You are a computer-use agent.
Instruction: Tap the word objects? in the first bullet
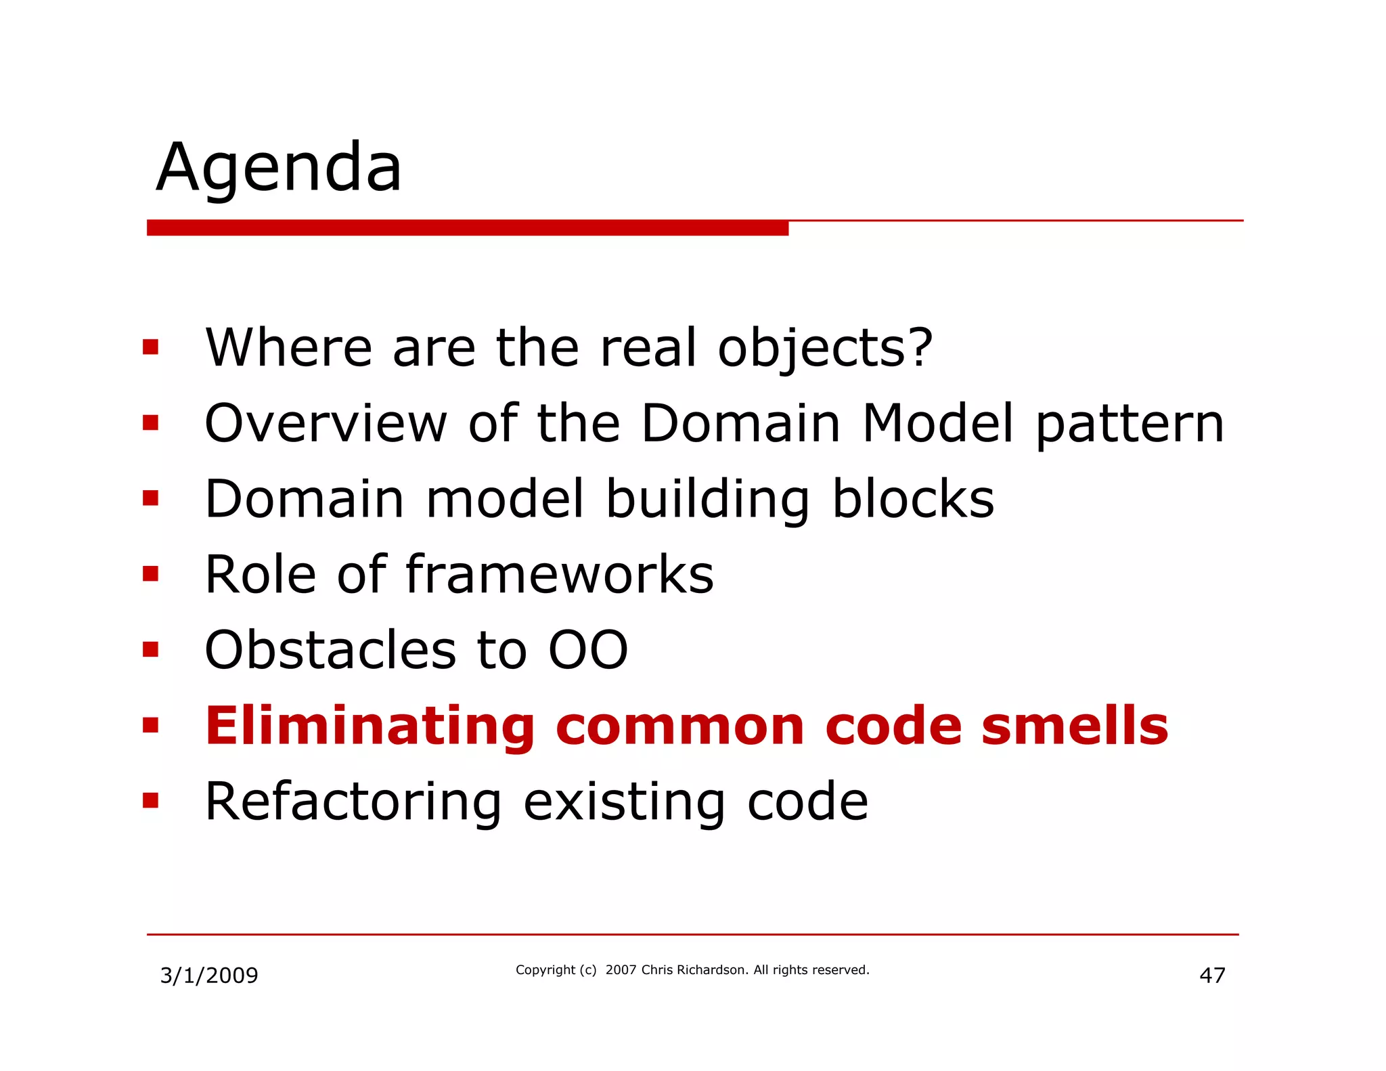pyautogui.click(x=825, y=348)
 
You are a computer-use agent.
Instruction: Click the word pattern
pyautogui.click(x=1130, y=425)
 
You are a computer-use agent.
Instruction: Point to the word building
pyautogui.click(x=707, y=500)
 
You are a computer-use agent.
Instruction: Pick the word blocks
pyautogui.click(x=913, y=499)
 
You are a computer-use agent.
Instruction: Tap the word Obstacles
pyautogui.click(x=331, y=650)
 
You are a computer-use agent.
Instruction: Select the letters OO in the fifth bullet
pyautogui.click(x=588, y=650)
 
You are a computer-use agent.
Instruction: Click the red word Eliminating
pyautogui.click(x=370, y=726)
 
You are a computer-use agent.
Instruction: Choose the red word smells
pyautogui.click(x=1075, y=726)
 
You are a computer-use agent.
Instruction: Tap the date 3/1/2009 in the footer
pyautogui.click(x=209, y=976)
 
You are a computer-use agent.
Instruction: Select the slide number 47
pyautogui.click(x=1212, y=976)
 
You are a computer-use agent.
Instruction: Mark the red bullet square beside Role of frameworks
pyautogui.click(x=150, y=575)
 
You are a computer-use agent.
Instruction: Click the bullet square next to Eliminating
pyautogui.click(x=150, y=726)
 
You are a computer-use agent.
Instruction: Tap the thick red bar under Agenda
pyautogui.click(x=467, y=228)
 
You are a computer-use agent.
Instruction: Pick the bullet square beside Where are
pyautogui.click(x=150, y=348)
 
